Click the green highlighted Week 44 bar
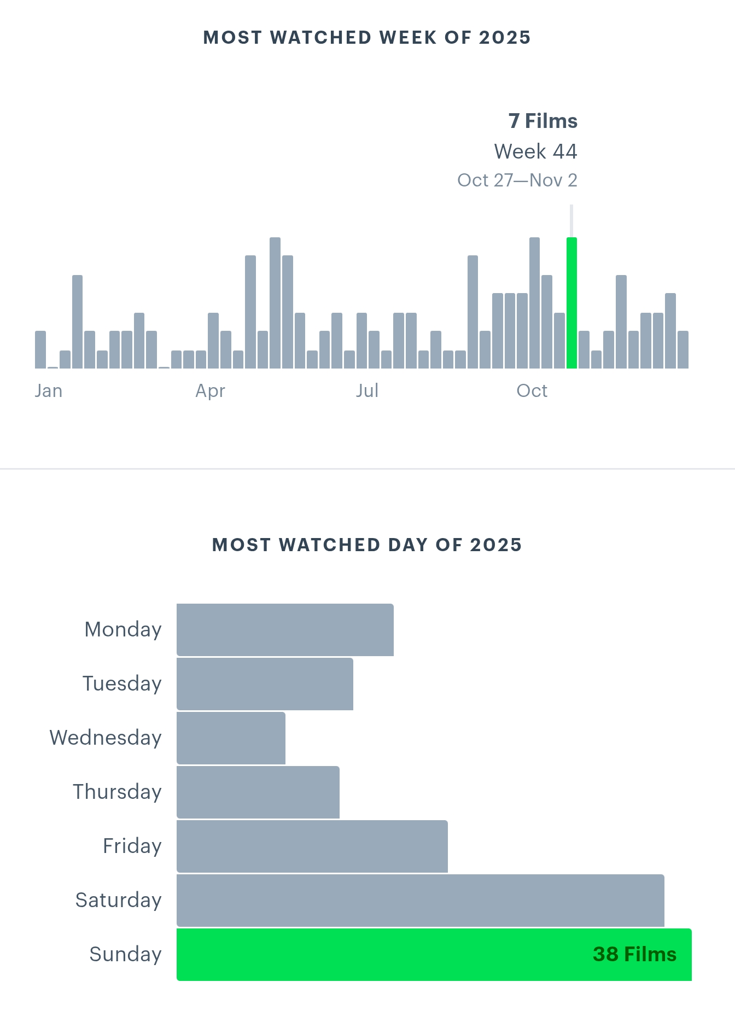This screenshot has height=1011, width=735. click(571, 303)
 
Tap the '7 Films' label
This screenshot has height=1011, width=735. click(542, 121)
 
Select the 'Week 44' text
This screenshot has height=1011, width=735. click(535, 151)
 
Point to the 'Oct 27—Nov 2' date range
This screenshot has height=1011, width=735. click(517, 180)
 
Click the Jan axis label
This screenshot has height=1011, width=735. click(49, 391)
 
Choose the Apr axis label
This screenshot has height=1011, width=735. click(211, 391)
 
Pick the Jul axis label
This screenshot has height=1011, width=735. click(367, 391)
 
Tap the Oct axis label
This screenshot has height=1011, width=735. click(532, 391)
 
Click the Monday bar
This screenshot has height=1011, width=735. click(285, 629)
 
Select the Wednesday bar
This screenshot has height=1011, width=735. click(231, 738)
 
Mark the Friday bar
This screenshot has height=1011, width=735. click(312, 846)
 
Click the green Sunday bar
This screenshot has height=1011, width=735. click(383, 954)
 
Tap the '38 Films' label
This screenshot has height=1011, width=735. click(634, 954)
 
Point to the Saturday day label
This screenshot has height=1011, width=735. click(118, 900)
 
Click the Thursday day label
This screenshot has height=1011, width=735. click(117, 792)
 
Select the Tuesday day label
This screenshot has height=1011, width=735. click(122, 683)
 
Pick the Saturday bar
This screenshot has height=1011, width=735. click(420, 900)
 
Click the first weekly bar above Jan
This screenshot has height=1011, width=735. click(40, 349)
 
